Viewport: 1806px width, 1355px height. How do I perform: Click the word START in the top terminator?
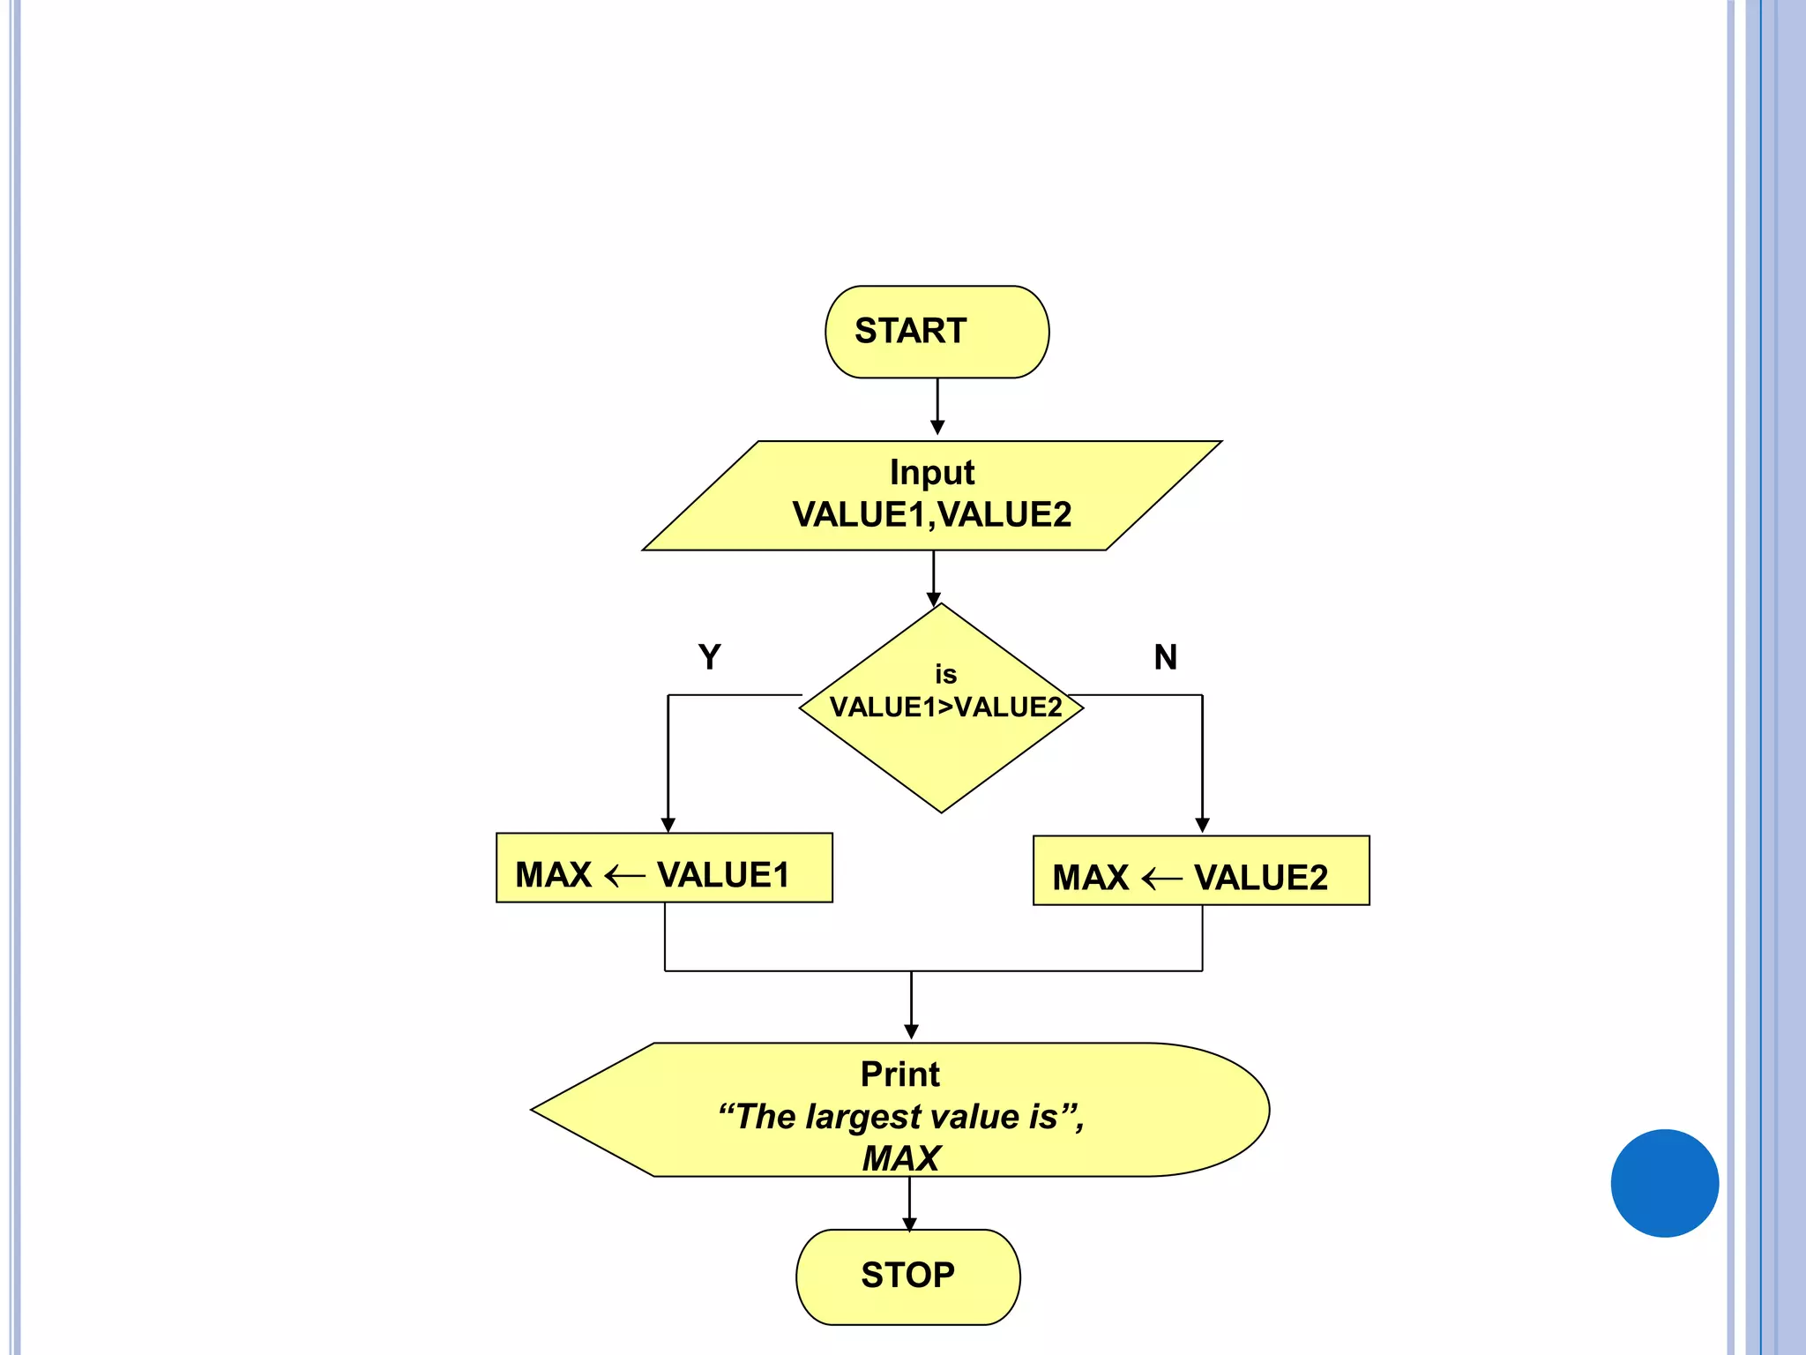click(x=910, y=331)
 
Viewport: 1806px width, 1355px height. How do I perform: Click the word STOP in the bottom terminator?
click(x=907, y=1275)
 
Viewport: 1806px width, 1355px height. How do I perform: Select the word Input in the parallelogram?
click(x=931, y=473)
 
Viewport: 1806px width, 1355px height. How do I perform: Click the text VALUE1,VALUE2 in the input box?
click(x=931, y=514)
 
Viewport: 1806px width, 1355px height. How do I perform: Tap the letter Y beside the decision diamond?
click(x=709, y=657)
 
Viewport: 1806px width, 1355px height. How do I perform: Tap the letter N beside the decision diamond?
click(x=1165, y=657)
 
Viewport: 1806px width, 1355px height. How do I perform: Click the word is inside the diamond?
click(x=945, y=675)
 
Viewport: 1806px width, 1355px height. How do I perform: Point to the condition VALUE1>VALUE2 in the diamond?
click(x=945, y=707)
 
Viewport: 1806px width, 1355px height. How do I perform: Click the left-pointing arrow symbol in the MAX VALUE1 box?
click(x=625, y=876)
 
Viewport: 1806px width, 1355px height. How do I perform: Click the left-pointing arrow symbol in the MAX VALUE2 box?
click(x=1161, y=879)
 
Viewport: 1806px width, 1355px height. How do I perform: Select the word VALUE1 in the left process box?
click(x=723, y=875)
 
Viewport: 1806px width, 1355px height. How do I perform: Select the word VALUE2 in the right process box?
click(x=1260, y=878)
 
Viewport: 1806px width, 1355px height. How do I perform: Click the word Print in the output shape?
click(x=899, y=1074)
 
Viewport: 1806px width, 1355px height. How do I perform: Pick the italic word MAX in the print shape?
click(x=900, y=1158)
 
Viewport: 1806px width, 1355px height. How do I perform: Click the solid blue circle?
click(x=1664, y=1183)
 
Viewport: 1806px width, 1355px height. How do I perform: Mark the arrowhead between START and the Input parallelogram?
click(x=937, y=427)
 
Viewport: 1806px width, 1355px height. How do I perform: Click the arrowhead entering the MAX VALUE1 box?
click(x=668, y=825)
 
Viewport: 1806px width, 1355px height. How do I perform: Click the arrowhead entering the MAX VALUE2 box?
click(x=1202, y=826)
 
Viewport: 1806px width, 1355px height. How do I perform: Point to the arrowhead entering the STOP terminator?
click(x=909, y=1224)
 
